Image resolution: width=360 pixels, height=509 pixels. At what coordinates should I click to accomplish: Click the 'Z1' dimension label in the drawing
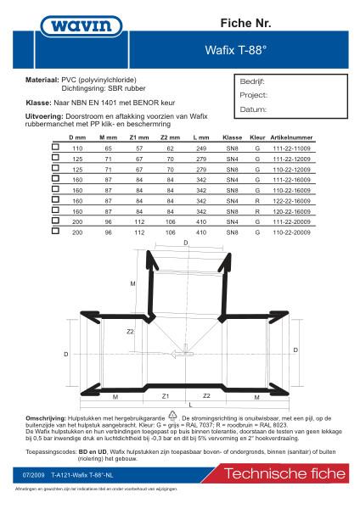point(166,395)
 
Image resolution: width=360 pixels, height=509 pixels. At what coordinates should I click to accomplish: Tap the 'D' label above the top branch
point(187,243)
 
